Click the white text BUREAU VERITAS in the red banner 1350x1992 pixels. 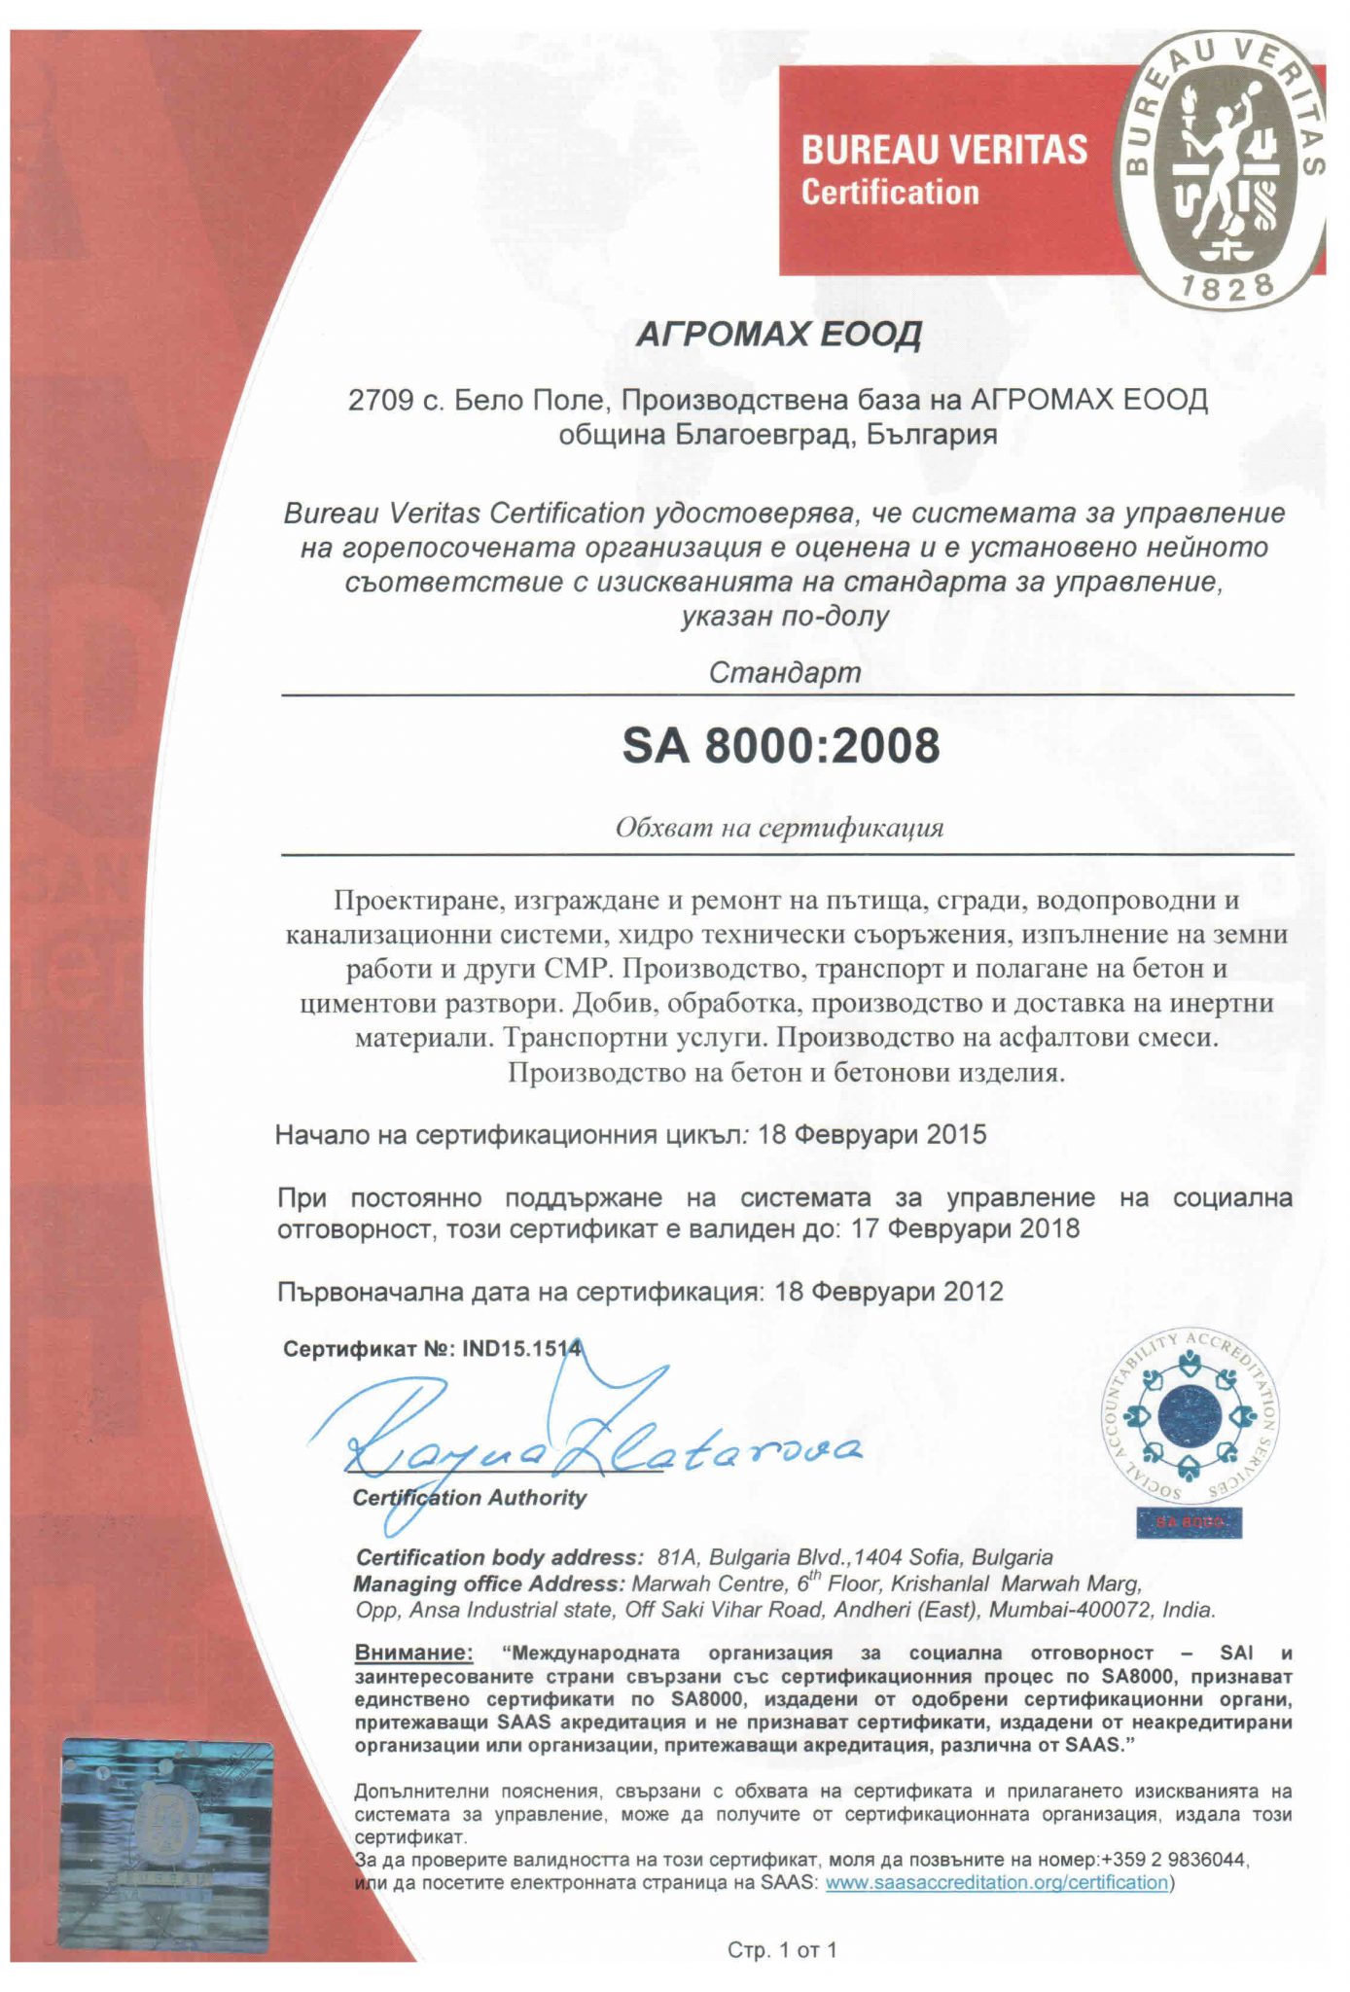point(943,151)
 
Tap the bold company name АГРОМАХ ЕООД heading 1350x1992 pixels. point(778,335)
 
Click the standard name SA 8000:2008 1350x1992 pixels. point(781,746)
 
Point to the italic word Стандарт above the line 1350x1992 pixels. point(785,672)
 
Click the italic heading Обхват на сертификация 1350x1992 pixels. point(780,828)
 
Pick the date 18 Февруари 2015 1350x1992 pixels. point(871,1134)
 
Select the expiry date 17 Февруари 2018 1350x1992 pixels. point(965,1228)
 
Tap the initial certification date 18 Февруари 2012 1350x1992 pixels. point(889,1292)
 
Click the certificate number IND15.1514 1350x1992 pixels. point(521,1349)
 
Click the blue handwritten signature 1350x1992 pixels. point(584,1440)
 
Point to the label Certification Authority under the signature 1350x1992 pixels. point(470,1498)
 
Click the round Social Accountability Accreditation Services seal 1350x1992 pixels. point(1190,1415)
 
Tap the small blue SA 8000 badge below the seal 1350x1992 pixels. point(1189,1521)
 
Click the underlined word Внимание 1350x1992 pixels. point(413,1653)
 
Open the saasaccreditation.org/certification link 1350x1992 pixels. point(996,1882)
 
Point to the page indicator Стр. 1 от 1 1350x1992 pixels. point(782,1949)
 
